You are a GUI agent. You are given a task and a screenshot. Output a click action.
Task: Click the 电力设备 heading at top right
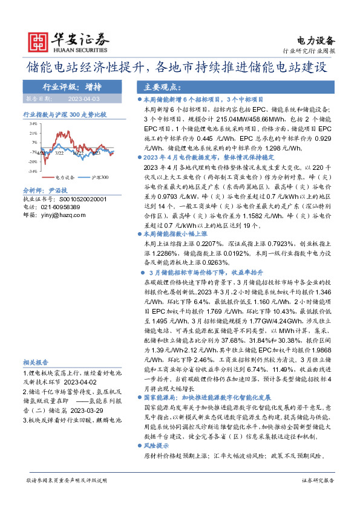tap(316, 41)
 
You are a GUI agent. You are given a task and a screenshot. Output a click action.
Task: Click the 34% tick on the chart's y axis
tap(33, 124)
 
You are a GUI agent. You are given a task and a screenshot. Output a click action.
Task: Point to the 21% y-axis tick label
tap(33, 134)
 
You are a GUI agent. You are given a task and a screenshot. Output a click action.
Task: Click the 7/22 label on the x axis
tap(59, 154)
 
